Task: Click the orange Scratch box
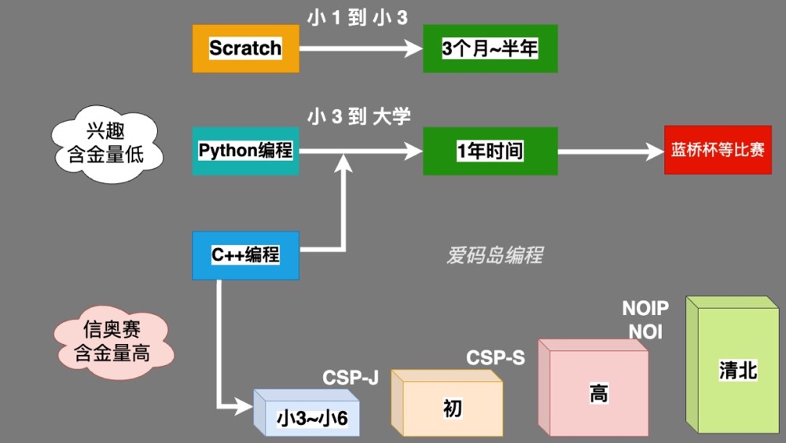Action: pyautogui.click(x=245, y=48)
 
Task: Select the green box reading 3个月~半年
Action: pyautogui.click(x=490, y=49)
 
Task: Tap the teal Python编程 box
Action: pyautogui.click(x=245, y=151)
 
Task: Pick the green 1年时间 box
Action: pyautogui.click(x=490, y=151)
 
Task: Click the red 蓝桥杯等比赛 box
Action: pyautogui.click(x=718, y=149)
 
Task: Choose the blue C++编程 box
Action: pyautogui.click(x=245, y=255)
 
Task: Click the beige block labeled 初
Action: pyautogui.click(x=452, y=408)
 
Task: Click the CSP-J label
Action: pyautogui.click(x=351, y=379)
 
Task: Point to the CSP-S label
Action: pyautogui.click(x=495, y=358)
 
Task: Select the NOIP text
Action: pyautogui.click(x=645, y=307)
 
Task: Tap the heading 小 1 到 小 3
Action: pyautogui.click(x=358, y=17)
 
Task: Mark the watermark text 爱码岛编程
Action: pyautogui.click(x=494, y=255)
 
